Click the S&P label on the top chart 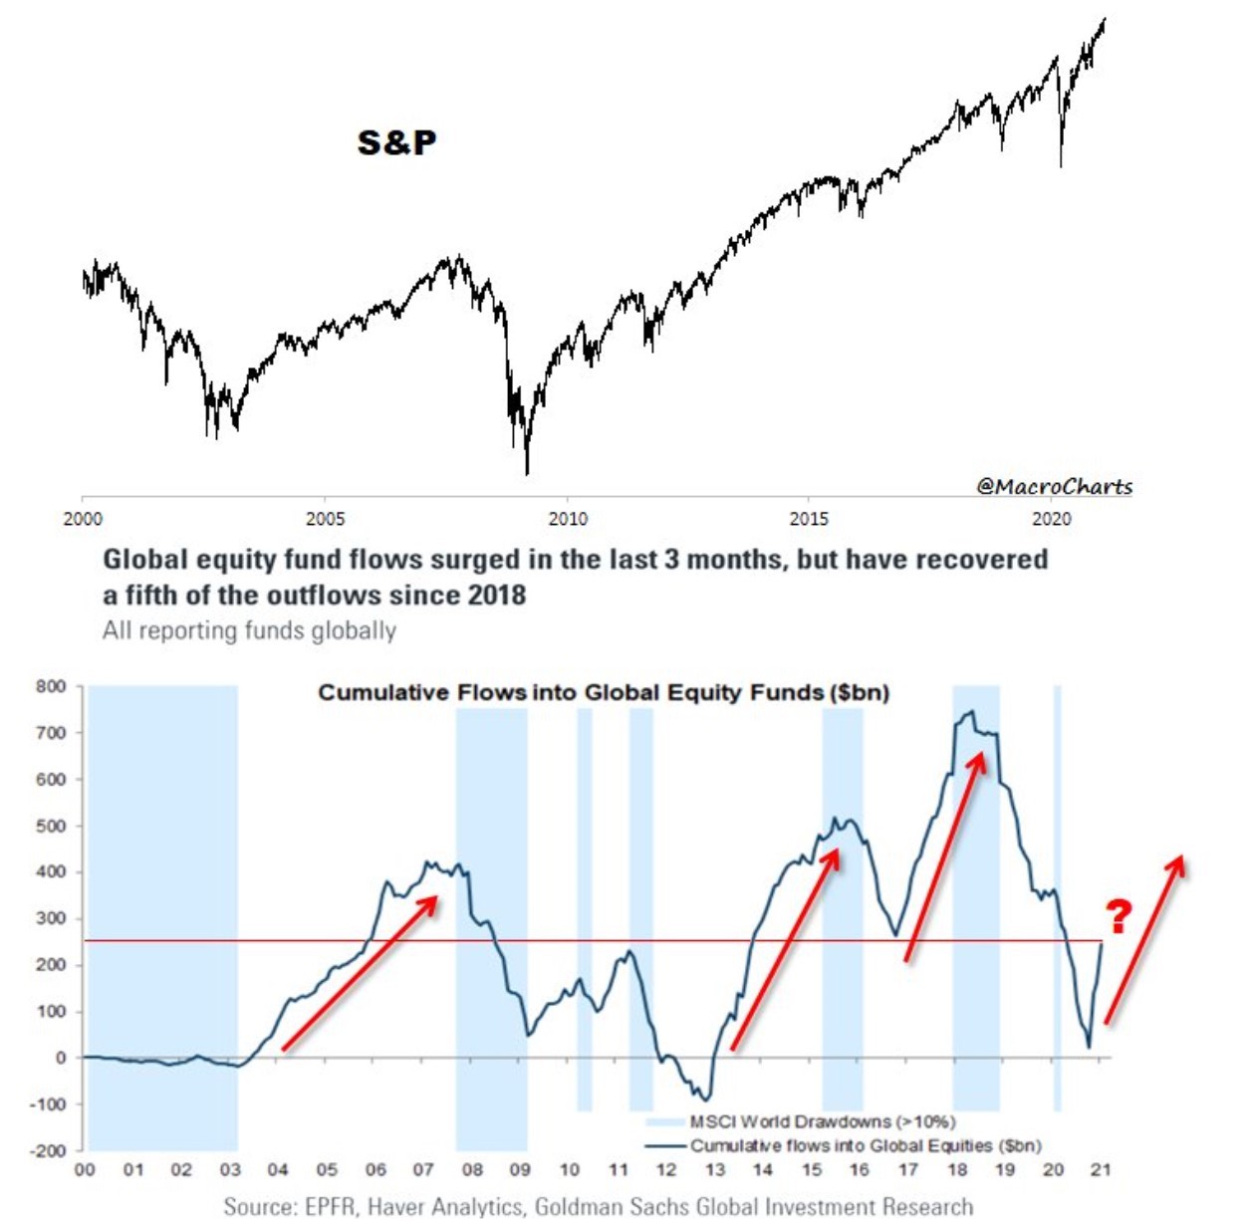396,142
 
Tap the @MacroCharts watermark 1054,486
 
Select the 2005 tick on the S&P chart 326,519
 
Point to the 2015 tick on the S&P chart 809,519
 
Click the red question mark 1120,915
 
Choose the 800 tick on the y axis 51,686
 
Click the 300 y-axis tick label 51,918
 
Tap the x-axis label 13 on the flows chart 714,1170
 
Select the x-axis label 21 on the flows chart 1101,1170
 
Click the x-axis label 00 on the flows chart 86,1170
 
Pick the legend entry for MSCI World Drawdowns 822,1122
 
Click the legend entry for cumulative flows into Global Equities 865,1145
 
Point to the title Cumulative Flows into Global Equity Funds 604,692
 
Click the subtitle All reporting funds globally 249,630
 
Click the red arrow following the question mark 1144,938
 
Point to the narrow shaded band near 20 1057,896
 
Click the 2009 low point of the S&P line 526,472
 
